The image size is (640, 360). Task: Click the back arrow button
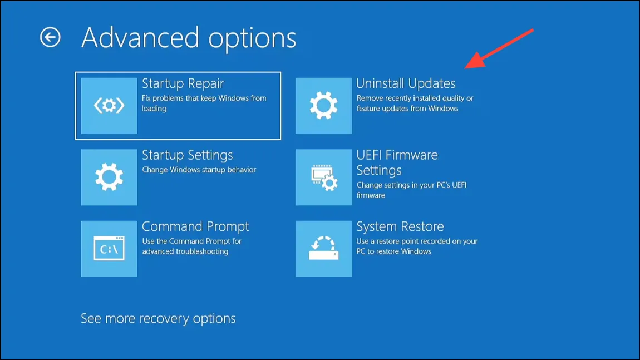pyautogui.click(x=50, y=37)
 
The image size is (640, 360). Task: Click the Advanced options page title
pyautogui.click(x=189, y=38)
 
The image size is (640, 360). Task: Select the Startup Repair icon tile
pyautogui.click(x=109, y=106)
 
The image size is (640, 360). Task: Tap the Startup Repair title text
pyautogui.click(x=183, y=83)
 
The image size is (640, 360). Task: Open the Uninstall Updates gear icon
pyautogui.click(x=323, y=106)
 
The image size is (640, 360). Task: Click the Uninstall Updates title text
pyautogui.click(x=406, y=83)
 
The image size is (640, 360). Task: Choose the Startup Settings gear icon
pyautogui.click(x=109, y=177)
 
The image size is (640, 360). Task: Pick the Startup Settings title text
pyautogui.click(x=188, y=155)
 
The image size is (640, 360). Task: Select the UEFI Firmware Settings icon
pyautogui.click(x=323, y=177)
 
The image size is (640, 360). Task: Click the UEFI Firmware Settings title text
pyautogui.click(x=397, y=162)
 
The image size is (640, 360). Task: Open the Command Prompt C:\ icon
pyautogui.click(x=109, y=249)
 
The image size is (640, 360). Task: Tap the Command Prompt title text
pyautogui.click(x=195, y=226)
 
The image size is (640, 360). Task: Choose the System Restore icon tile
pyautogui.click(x=323, y=249)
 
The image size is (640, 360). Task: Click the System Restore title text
pyautogui.click(x=400, y=226)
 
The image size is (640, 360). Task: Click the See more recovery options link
pyautogui.click(x=158, y=318)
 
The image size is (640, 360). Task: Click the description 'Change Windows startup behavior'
pyautogui.click(x=199, y=170)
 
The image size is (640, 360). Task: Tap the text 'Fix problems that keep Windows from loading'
pyautogui.click(x=204, y=103)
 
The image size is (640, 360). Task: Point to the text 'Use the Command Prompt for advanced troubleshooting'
pyautogui.click(x=192, y=246)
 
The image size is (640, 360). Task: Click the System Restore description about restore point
pyautogui.click(x=417, y=246)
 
